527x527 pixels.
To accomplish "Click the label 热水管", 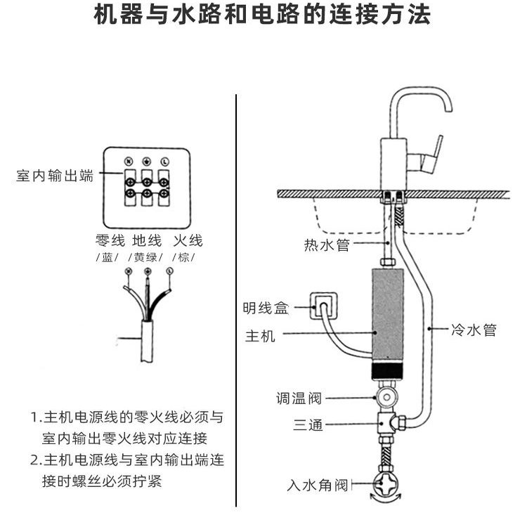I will (x=326, y=245).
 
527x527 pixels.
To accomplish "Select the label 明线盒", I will (x=266, y=308).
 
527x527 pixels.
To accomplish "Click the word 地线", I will (x=148, y=240).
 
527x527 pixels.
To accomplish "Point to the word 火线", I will (x=187, y=240).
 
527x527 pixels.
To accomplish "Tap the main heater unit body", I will (x=388, y=316).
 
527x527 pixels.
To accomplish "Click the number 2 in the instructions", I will (x=35, y=461).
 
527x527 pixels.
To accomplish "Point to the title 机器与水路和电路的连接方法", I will (x=263, y=15).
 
